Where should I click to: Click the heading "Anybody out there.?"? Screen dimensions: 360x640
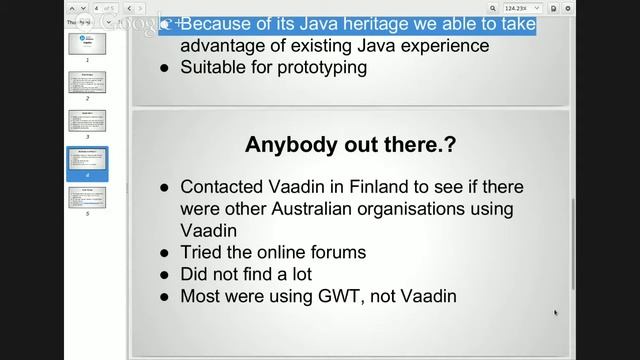(350, 145)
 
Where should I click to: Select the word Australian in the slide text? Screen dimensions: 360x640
(298, 208)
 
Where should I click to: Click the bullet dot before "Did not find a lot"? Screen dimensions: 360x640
(165, 275)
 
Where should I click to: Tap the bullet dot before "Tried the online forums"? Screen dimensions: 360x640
(165, 253)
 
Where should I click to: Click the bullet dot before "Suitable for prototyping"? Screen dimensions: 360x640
(165, 69)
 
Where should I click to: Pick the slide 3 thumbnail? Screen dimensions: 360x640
(87, 120)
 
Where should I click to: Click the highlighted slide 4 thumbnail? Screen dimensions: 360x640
(87, 161)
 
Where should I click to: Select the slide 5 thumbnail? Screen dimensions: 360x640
(87, 197)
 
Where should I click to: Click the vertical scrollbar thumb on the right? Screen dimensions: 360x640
(572, 240)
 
